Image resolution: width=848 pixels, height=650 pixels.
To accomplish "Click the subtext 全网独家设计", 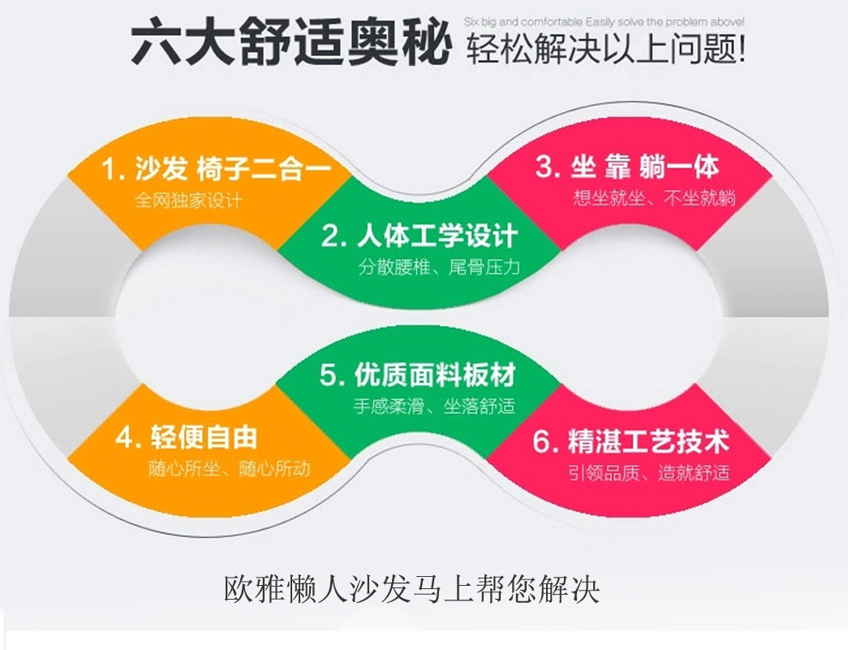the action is coord(188,200).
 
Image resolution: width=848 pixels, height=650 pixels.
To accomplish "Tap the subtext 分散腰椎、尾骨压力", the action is coord(438,267).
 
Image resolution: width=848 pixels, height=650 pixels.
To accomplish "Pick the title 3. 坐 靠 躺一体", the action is coord(626,167).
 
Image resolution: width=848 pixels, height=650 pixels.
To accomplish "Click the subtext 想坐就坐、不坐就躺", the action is coord(654,197).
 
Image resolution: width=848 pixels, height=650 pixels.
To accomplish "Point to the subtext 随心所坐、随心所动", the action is coord(229,469).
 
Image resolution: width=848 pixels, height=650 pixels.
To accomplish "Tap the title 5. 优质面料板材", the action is coord(417,375).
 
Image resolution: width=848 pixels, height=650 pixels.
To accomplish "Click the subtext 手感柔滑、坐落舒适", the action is coord(434,406).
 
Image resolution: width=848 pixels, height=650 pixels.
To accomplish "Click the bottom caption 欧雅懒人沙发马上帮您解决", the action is coord(411,589).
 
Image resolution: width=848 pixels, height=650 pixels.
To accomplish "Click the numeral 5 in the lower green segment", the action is coord(329,376).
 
